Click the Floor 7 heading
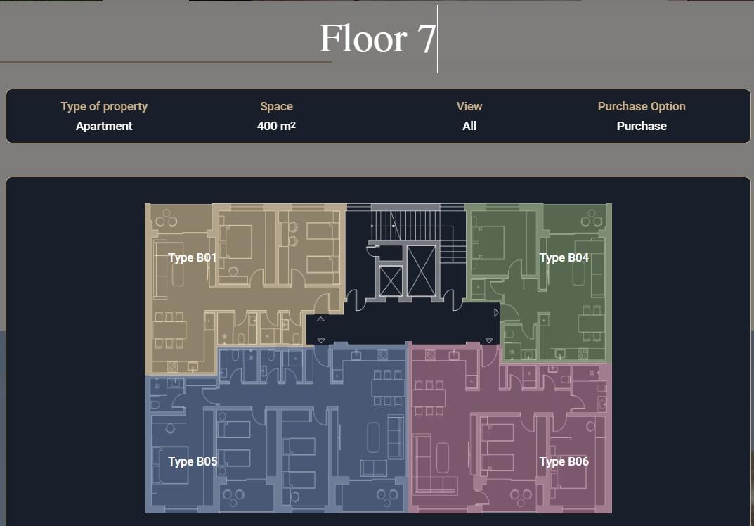[377, 39]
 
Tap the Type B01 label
[193, 257]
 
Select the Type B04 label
[564, 257]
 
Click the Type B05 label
[193, 461]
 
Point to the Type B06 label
[564, 461]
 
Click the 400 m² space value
[276, 126]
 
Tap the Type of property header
[104, 106]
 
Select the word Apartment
[104, 126]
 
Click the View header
[469, 106]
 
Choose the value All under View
[469, 126]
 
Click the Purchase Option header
[642, 106]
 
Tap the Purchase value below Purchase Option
[642, 126]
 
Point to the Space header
[276, 106]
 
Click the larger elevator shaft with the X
[421, 271]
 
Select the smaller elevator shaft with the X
[391, 281]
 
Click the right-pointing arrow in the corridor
[496, 313]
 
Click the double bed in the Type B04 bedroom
[488, 243]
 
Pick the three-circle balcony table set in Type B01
[167, 219]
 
